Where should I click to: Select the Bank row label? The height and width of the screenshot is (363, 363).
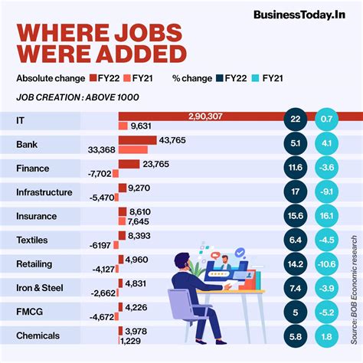(x=28, y=145)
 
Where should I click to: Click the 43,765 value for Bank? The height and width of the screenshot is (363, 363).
(x=173, y=139)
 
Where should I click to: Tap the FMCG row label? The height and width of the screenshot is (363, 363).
(x=30, y=312)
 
